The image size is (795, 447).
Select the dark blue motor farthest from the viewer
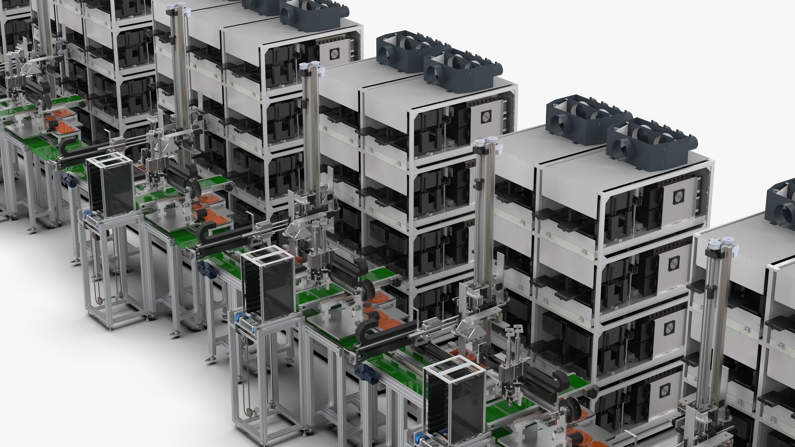coord(67,180)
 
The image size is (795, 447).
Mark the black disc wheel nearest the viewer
coord(569,407)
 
